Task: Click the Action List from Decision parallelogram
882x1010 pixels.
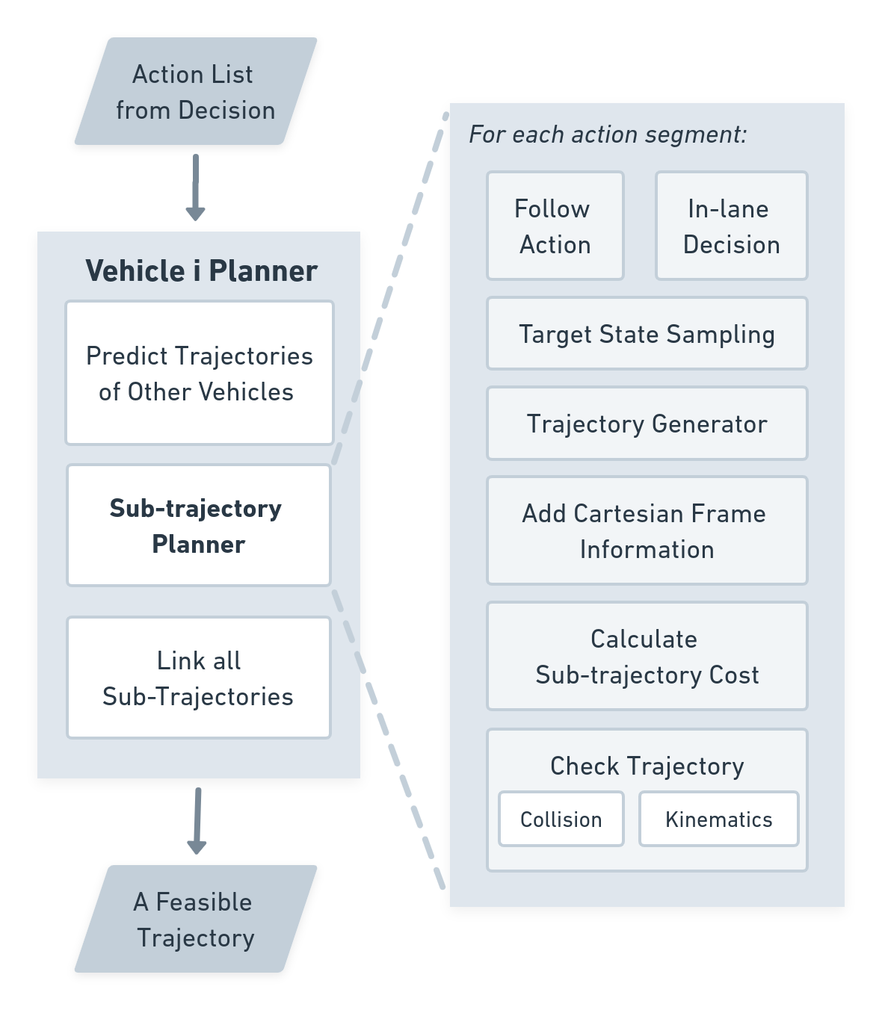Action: [196, 92]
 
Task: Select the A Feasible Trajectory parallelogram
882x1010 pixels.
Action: [196, 919]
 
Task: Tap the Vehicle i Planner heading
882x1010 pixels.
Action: [201, 270]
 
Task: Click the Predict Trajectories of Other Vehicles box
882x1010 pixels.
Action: [199, 373]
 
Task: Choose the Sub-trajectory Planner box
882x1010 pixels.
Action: [199, 525]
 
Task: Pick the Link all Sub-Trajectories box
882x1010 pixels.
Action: [199, 678]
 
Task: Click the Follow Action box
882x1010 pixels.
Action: [555, 226]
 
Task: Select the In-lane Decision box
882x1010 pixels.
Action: [731, 226]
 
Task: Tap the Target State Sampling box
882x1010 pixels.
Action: [647, 334]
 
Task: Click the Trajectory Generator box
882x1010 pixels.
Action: [647, 424]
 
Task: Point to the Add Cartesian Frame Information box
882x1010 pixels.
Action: [647, 530]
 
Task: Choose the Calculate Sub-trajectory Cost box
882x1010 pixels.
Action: [647, 656]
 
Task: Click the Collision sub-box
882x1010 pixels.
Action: [561, 820]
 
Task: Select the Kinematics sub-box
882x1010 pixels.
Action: [718, 820]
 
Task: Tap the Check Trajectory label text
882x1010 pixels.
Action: [647, 766]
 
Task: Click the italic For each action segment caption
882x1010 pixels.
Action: [607, 134]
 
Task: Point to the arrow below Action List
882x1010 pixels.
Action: [196, 187]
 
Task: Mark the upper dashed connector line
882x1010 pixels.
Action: [389, 291]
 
